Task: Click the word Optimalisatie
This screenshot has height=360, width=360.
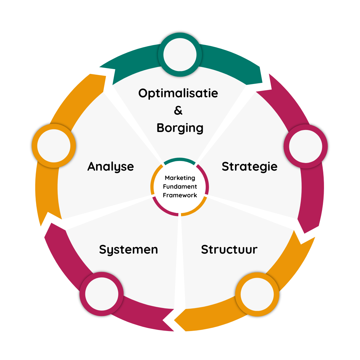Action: coord(178,93)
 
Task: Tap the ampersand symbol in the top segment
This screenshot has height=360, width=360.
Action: coord(178,111)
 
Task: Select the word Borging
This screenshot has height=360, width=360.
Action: coord(180,128)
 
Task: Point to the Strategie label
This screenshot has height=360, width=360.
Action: coord(249,166)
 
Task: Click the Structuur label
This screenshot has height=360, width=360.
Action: coord(229,249)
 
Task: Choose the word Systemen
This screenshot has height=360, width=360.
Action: coord(128,249)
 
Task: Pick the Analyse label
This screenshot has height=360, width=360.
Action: coord(110,166)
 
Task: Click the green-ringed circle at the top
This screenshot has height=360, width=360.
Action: coord(180,54)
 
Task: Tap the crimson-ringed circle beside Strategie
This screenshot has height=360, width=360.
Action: coord(305,146)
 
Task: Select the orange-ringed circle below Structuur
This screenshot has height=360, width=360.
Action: coord(257,294)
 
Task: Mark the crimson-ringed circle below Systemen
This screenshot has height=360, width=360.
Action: coord(101,294)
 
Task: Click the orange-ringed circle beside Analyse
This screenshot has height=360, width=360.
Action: coord(54,146)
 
